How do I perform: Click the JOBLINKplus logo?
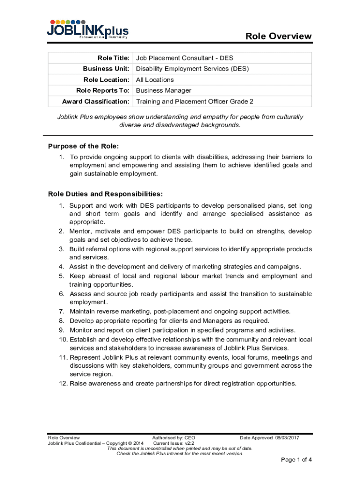point(87,29)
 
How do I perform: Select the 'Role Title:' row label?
point(113,58)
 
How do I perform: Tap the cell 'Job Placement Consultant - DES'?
point(184,58)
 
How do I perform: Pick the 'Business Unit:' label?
point(106,69)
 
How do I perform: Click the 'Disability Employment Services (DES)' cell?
point(192,69)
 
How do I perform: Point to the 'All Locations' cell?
point(155,80)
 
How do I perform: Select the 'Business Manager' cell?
point(163,90)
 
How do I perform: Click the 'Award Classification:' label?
point(95,102)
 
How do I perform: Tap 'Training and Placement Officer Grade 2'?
point(194,102)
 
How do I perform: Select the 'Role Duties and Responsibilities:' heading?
point(105,194)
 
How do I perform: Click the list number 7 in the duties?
point(61,311)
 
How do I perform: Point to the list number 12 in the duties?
point(64,384)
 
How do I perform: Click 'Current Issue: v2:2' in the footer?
point(173,443)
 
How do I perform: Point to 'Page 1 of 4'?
point(296,459)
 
